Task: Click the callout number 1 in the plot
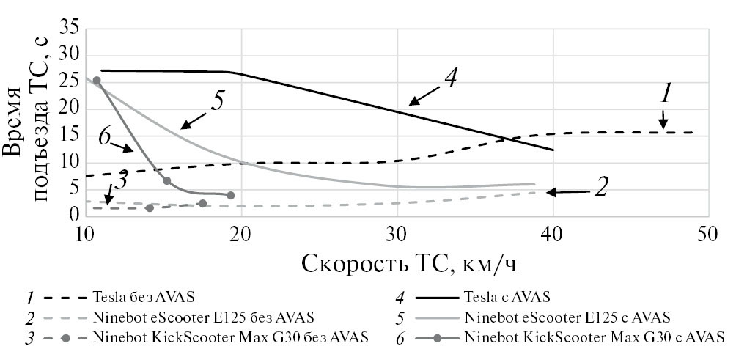(x=666, y=93)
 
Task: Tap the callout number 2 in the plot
(x=600, y=187)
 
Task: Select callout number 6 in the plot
(x=105, y=136)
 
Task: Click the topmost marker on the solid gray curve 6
(x=97, y=81)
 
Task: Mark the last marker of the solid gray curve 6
(x=231, y=195)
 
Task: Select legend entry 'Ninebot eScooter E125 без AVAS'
(x=204, y=317)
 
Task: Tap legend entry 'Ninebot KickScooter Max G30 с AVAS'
(x=594, y=337)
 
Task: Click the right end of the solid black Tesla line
(x=553, y=150)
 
